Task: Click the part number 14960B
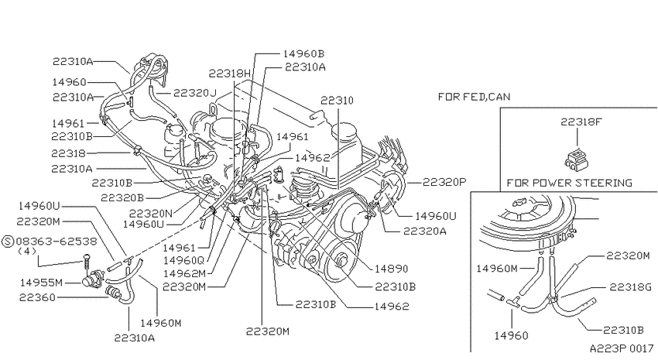tap(303, 53)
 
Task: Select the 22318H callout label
tap(230, 74)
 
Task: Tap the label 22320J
tap(195, 93)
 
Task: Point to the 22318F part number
tap(581, 122)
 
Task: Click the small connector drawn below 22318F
tap(577, 159)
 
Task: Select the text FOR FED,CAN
tap(475, 97)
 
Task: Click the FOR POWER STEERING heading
tap(570, 183)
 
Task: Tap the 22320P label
tap(444, 182)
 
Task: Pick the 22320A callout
tap(425, 231)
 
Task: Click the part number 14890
tap(391, 269)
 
